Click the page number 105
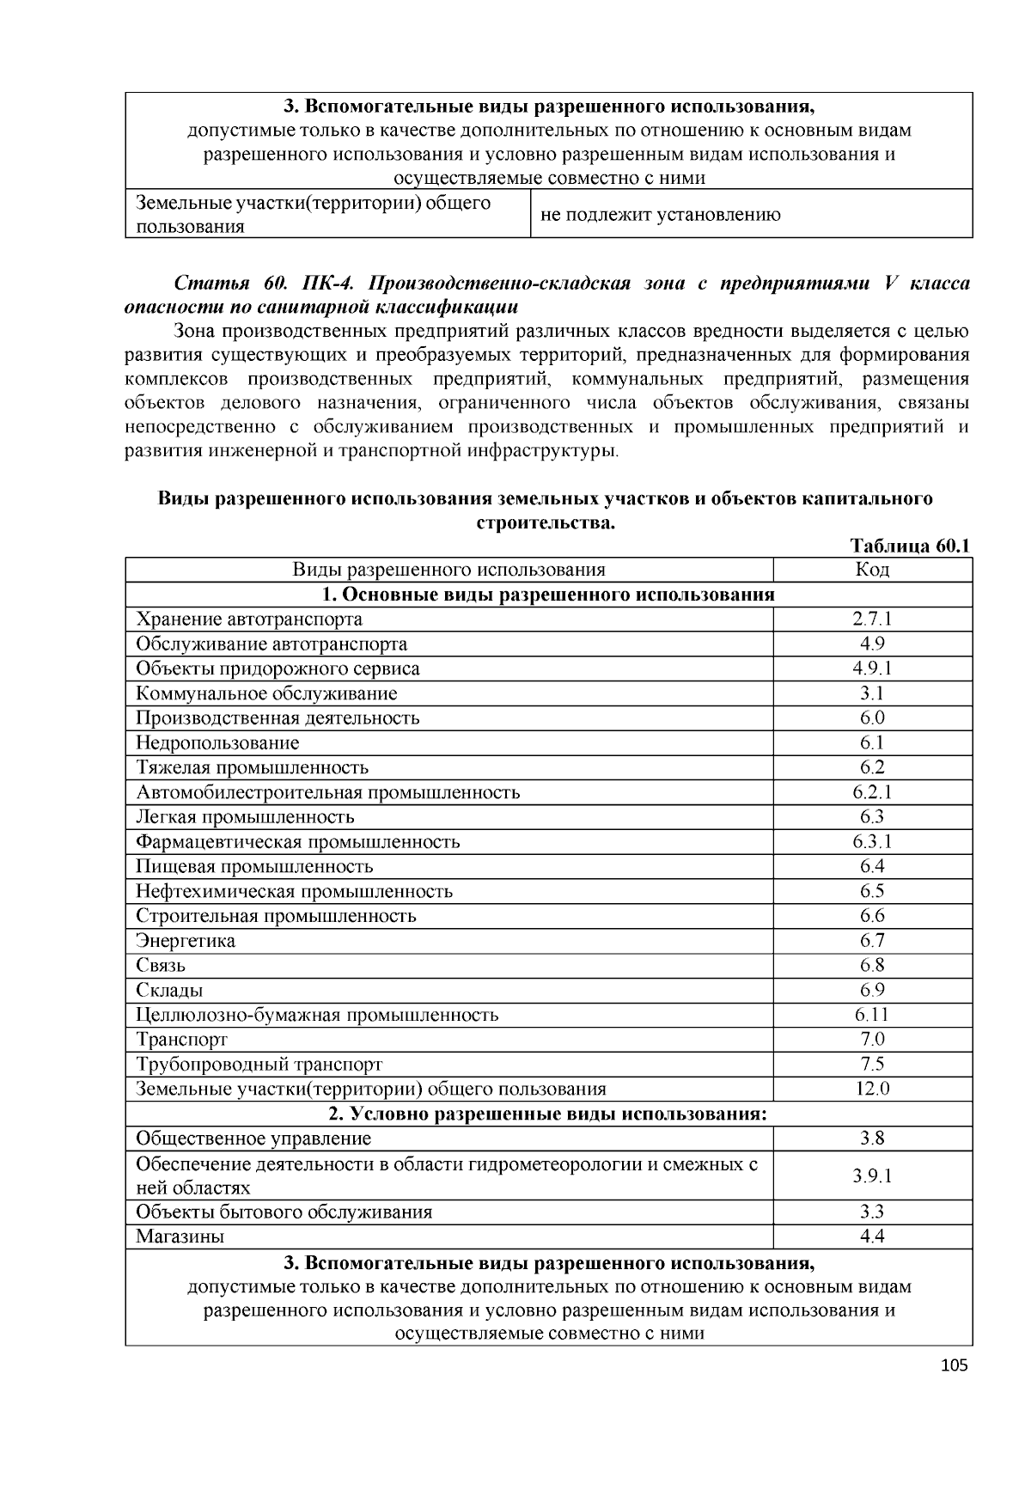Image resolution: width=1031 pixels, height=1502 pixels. click(x=955, y=1365)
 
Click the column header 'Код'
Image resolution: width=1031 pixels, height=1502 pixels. click(x=872, y=570)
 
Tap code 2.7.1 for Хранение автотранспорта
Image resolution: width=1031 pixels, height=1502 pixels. click(x=872, y=619)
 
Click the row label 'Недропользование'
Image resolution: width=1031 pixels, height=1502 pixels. click(x=217, y=742)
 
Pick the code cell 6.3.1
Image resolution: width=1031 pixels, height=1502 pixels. click(x=872, y=841)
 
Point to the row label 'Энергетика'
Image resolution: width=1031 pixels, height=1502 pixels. click(x=186, y=941)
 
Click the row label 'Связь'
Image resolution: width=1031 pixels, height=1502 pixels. click(x=161, y=966)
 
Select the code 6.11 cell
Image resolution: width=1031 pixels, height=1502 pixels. click(x=872, y=1015)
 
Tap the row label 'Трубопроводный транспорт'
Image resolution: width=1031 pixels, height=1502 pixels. click(x=259, y=1065)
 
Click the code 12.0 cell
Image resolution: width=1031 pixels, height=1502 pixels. click(x=872, y=1090)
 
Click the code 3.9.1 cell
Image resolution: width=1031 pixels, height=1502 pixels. click(x=872, y=1176)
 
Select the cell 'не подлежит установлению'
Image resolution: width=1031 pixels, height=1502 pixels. click(x=661, y=215)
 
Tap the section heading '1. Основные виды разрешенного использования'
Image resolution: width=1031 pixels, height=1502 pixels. click(x=548, y=595)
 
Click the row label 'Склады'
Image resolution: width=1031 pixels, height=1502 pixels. click(x=169, y=991)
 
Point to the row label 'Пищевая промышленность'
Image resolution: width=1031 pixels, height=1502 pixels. click(x=254, y=866)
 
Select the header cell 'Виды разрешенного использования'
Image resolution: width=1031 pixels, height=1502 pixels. click(x=448, y=570)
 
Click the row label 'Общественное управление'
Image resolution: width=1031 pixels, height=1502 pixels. click(x=253, y=1139)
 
